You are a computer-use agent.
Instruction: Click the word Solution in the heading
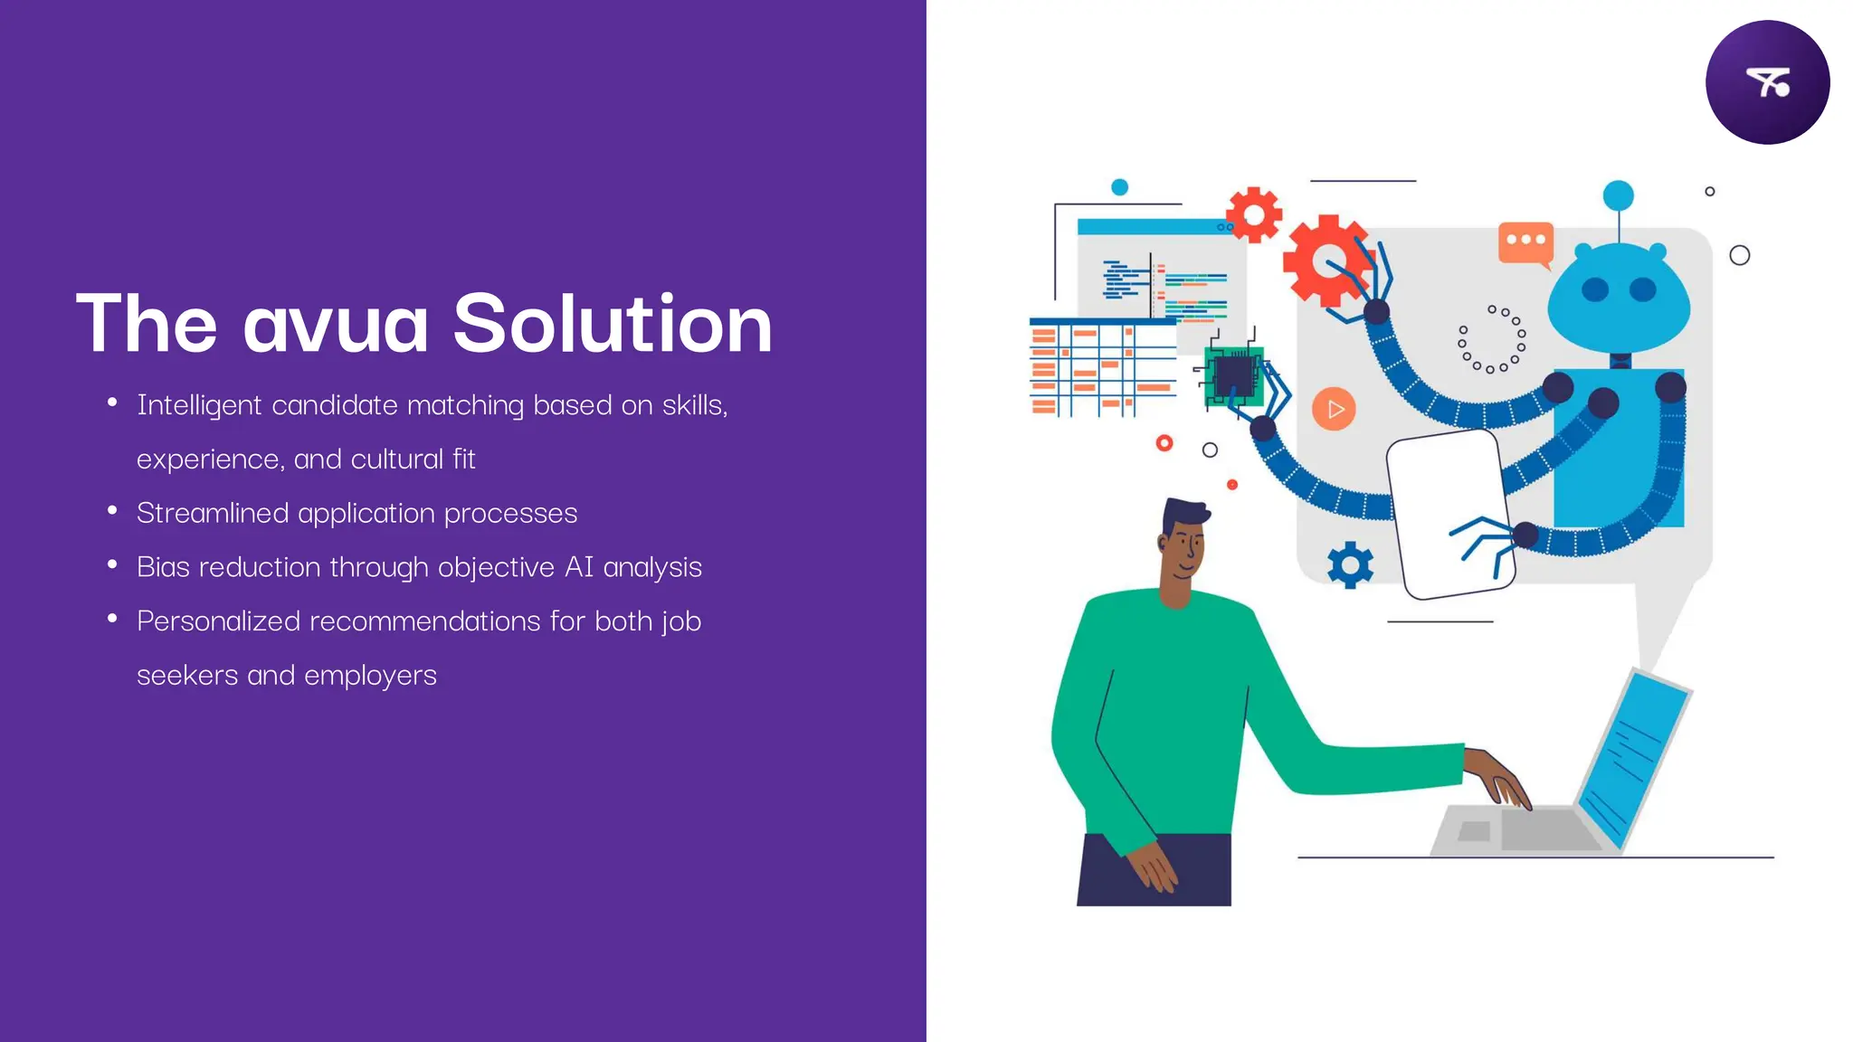point(613,324)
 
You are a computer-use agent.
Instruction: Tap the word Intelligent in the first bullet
point(199,405)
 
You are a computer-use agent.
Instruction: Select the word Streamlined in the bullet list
point(213,513)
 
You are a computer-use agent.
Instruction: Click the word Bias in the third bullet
point(163,567)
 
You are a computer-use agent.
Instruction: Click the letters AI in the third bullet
point(578,567)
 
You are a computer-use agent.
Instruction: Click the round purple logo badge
point(1767,82)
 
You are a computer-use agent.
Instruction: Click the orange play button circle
point(1334,409)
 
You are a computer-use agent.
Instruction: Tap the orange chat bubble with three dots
point(1525,242)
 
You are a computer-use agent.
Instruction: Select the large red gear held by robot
point(1324,261)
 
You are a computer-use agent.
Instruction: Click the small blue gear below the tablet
point(1350,565)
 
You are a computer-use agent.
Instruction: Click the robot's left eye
point(1594,289)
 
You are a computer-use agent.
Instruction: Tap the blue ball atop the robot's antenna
point(1618,195)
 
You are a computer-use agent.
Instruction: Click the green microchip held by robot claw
point(1232,375)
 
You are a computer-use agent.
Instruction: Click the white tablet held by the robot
point(1448,511)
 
